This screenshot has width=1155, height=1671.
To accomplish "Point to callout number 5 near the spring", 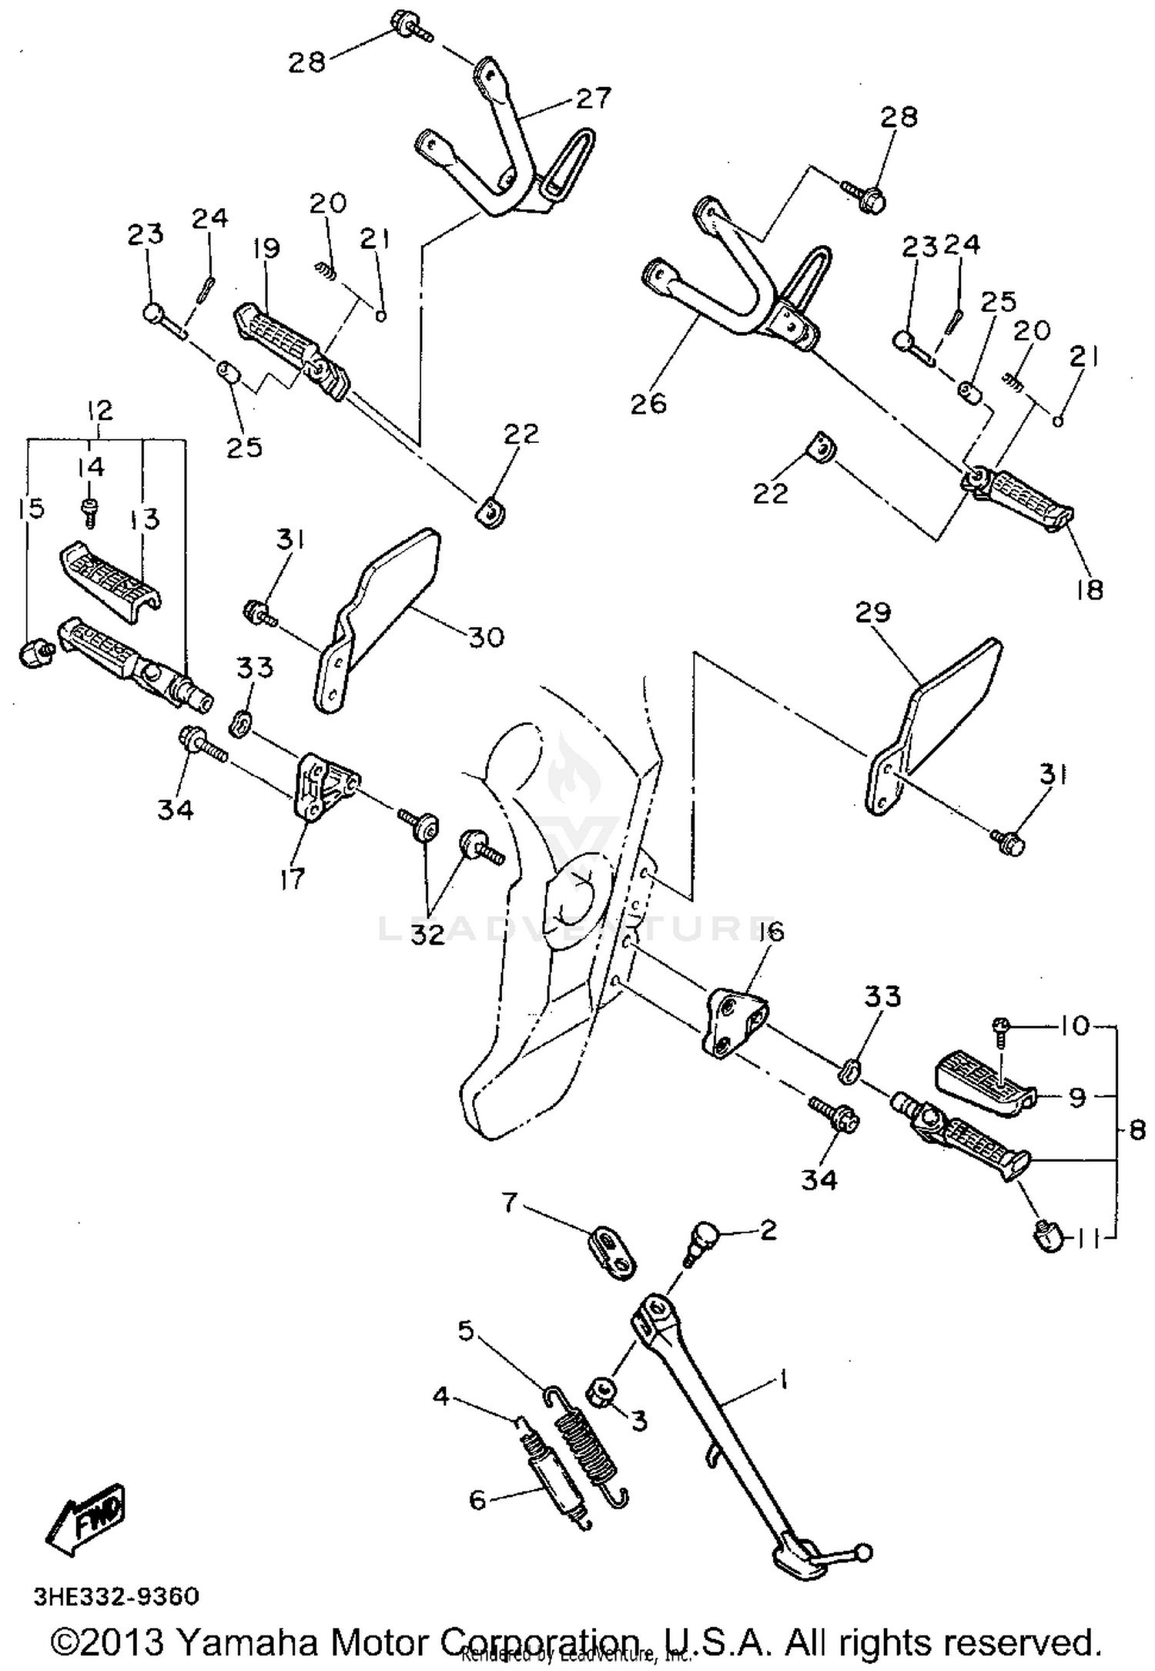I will (x=467, y=1330).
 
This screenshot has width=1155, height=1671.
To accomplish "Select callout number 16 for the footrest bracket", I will (x=771, y=931).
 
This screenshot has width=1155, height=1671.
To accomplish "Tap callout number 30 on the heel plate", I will (x=486, y=637).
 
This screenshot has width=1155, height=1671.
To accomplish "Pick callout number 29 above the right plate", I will (x=872, y=612).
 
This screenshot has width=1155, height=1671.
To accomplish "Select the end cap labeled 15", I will (x=34, y=654).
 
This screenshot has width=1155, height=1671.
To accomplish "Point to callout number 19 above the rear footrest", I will (x=265, y=249).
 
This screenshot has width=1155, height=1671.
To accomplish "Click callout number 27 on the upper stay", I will (x=593, y=99).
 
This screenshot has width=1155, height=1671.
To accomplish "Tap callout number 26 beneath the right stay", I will (x=648, y=404).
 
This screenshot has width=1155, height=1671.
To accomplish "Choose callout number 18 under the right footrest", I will (x=1090, y=590).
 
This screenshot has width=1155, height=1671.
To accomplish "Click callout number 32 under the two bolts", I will (x=427, y=934).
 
